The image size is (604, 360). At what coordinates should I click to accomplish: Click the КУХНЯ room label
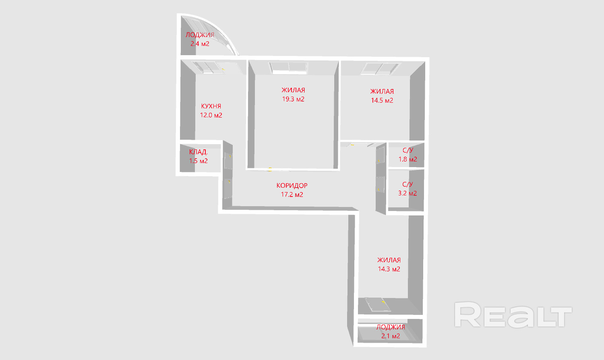(211, 106)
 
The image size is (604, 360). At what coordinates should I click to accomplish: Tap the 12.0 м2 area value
(211, 115)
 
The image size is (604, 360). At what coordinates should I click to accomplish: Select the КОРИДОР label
(292, 186)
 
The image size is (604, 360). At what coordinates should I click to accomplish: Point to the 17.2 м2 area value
(292, 194)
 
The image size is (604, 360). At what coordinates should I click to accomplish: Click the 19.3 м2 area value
(293, 99)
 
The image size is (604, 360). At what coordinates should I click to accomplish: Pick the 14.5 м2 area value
(382, 100)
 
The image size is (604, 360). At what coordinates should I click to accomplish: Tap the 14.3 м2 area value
(389, 269)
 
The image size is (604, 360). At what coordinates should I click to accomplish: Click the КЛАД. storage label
(199, 152)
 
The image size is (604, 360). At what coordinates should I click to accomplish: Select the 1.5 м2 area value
(199, 161)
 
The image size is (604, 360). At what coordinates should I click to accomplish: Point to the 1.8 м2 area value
(407, 159)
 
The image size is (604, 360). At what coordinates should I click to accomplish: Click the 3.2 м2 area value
(407, 193)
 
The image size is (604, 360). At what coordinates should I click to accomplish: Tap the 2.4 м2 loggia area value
(200, 43)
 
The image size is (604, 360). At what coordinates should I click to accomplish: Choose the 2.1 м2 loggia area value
(391, 336)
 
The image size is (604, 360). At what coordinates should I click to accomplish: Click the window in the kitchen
(209, 67)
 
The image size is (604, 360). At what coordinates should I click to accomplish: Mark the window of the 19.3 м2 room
(288, 67)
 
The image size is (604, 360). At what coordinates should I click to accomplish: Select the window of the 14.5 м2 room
(381, 68)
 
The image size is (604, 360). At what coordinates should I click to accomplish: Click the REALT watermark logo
(513, 315)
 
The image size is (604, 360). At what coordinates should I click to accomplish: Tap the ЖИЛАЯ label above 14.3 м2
(389, 260)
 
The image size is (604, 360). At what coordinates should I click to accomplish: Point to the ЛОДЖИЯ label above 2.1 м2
(391, 327)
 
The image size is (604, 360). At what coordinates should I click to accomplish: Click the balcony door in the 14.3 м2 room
(378, 304)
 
